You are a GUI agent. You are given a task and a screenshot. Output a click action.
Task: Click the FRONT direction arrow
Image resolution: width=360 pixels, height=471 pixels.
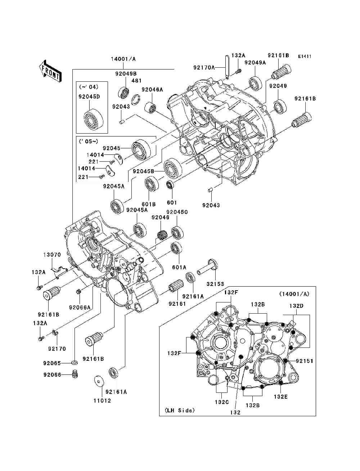(x=50, y=71)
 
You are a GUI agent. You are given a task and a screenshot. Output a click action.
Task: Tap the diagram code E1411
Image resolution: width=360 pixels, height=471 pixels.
(x=305, y=57)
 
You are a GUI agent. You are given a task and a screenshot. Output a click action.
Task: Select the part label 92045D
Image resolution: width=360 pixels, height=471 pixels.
(x=89, y=97)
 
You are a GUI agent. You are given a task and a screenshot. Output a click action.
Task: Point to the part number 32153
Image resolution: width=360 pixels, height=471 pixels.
(x=215, y=284)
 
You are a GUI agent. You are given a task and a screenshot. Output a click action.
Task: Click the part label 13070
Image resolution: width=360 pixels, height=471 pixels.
(x=52, y=255)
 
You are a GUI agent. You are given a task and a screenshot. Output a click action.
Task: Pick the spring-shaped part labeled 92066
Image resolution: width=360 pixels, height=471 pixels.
(x=75, y=374)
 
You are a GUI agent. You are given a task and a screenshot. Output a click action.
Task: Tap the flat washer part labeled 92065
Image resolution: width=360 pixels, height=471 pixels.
(x=75, y=363)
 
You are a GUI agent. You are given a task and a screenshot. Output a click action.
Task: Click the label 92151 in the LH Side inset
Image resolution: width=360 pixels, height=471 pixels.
(x=305, y=361)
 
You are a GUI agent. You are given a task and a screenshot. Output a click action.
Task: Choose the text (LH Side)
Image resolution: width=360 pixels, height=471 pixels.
(x=180, y=410)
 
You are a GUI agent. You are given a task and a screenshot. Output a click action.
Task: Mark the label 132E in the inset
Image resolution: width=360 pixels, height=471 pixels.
(x=280, y=397)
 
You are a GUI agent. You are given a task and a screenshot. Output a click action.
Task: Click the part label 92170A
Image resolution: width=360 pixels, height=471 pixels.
(x=204, y=68)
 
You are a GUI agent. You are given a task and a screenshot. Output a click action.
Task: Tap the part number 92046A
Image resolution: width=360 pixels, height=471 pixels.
(x=152, y=89)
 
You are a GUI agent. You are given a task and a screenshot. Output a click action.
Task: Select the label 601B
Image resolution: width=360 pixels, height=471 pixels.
(x=148, y=204)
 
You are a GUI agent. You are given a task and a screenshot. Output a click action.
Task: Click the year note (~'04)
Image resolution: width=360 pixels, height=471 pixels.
(x=89, y=87)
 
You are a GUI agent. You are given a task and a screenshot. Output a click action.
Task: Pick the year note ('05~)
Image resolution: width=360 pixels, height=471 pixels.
(x=89, y=142)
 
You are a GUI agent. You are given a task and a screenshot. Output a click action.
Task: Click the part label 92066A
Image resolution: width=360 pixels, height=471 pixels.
(x=80, y=308)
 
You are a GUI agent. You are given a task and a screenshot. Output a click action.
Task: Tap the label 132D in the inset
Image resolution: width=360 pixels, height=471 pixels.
(x=296, y=306)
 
